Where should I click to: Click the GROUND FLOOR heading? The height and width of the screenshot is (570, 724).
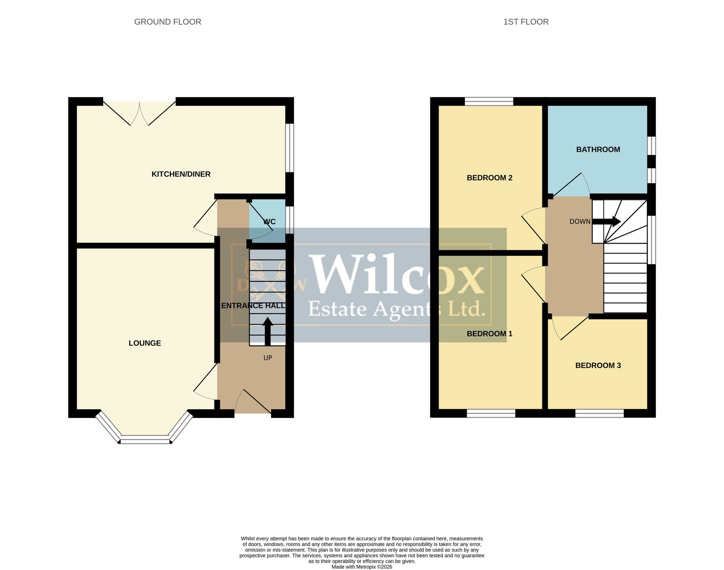tap(168, 22)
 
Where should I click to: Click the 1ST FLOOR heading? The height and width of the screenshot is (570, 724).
tap(526, 22)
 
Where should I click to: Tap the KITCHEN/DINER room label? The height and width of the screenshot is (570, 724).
tap(181, 174)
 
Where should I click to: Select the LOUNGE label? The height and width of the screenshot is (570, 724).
tap(145, 343)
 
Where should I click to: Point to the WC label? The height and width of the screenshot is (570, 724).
tap(270, 222)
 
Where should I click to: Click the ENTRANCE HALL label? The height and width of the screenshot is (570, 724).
tap(253, 306)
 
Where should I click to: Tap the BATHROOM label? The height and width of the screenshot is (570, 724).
tap(598, 150)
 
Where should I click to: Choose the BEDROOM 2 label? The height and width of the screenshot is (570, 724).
tap(489, 178)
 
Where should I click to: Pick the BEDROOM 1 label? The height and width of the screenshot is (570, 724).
tap(489, 334)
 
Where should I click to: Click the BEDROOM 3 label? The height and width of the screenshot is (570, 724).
tap(598, 365)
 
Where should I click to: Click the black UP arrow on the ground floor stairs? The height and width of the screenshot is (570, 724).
tap(268, 331)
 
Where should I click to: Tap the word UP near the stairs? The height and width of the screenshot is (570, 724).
tap(268, 358)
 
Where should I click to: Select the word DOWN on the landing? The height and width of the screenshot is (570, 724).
tap(580, 222)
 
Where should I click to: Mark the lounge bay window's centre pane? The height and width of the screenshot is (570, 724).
tap(145, 441)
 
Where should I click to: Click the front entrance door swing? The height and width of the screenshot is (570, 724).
tap(253, 401)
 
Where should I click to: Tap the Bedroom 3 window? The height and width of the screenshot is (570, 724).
tap(599, 413)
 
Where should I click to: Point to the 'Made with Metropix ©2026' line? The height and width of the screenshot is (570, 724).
tap(362, 567)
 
